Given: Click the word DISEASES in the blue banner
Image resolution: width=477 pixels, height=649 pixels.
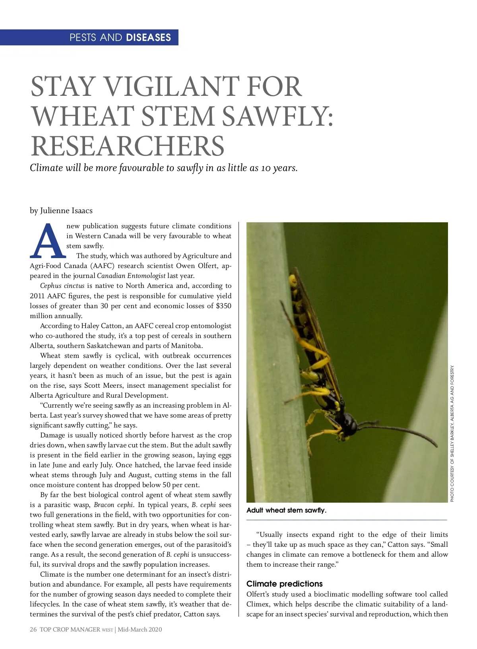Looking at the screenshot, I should point(148,37).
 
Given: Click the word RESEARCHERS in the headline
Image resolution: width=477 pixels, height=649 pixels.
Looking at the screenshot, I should point(128,146).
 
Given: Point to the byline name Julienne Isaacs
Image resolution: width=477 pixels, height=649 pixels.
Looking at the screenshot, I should point(66,210).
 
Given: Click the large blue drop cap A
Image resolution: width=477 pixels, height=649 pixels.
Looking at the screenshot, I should point(47,240).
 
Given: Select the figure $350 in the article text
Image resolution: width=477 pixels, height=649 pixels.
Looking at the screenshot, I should point(223,306).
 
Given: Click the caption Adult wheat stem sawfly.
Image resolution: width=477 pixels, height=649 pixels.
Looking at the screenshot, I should point(286,510).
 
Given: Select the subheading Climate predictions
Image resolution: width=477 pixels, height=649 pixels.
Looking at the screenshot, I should point(285,584).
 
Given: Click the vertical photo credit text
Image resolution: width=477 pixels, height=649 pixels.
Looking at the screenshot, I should point(452,433).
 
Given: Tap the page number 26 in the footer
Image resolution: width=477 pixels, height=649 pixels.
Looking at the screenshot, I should point(33,630).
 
